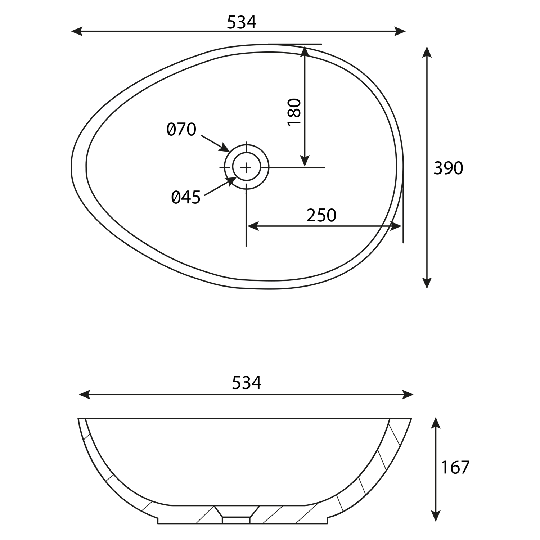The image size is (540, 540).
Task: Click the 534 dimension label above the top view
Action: click(x=242, y=23)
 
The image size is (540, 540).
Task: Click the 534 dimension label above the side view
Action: click(x=247, y=383)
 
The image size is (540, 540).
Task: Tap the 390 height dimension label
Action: click(x=448, y=168)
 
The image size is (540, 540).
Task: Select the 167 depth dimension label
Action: click(x=455, y=467)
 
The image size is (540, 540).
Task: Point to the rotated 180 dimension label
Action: click(x=294, y=112)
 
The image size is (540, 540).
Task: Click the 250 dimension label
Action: click(x=321, y=215)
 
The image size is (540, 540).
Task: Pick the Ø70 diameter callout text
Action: click(x=181, y=130)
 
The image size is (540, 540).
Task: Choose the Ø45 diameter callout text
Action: click(x=186, y=197)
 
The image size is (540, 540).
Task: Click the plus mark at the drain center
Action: click(x=247, y=167)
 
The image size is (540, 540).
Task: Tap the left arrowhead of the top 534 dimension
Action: click(x=77, y=31)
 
